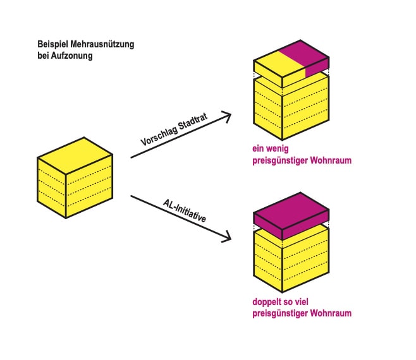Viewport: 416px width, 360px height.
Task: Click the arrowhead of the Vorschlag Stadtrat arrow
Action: pyautogui.click(x=227, y=116)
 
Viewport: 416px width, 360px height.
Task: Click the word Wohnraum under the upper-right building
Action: pyautogui.click(x=328, y=160)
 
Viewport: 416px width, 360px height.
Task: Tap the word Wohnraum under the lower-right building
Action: pyautogui.click(x=328, y=313)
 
